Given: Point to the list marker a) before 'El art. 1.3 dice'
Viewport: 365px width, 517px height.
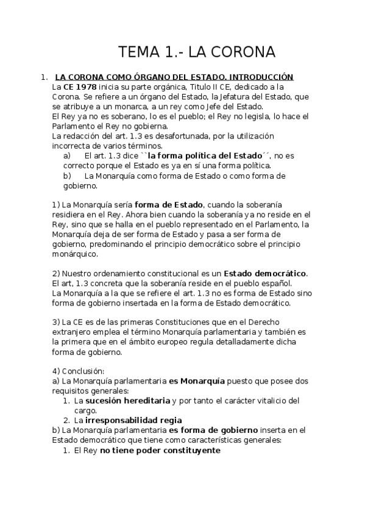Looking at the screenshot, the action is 68,155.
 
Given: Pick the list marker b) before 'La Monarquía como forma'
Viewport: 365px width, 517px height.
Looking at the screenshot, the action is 68,176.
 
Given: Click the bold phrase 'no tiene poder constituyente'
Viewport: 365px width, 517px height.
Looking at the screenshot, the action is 160,451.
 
